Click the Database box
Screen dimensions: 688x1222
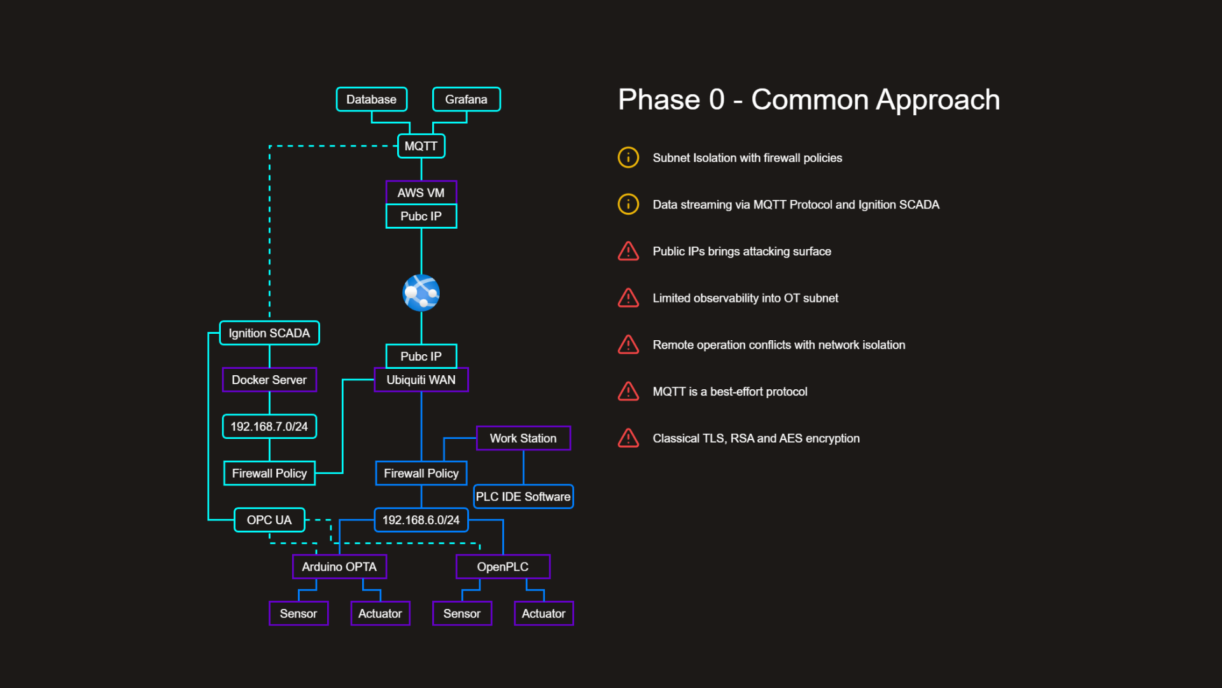point(371,99)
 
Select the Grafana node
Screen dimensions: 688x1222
point(466,99)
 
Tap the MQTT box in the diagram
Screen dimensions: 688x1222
point(421,146)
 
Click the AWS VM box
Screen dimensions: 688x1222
point(421,192)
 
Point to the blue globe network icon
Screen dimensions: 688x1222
point(421,293)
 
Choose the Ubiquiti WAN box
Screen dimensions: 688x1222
point(421,380)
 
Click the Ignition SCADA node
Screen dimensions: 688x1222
point(269,333)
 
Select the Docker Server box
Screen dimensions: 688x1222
point(269,380)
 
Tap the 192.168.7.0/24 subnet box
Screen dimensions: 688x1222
point(269,426)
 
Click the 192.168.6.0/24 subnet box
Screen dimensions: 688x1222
point(421,520)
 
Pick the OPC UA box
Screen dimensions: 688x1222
point(269,520)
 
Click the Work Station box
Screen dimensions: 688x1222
point(523,438)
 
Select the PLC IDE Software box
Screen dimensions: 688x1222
point(523,496)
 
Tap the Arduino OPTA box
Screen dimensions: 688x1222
point(339,566)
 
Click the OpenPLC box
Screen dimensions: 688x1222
point(503,566)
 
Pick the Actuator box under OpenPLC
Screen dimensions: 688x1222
point(544,613)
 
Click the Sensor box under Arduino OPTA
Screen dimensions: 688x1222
point(298,613)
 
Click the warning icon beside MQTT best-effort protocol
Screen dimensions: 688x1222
point(628,391)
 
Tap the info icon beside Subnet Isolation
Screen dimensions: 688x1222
point(628,157)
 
